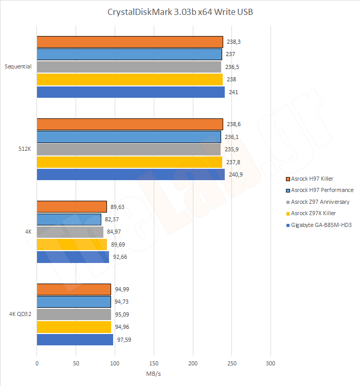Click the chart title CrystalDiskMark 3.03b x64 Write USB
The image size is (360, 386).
180,12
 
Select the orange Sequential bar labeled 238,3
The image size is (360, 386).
130,42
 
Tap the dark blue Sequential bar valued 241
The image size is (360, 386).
131,92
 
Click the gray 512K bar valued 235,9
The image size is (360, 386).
129,149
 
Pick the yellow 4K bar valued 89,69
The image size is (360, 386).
72,244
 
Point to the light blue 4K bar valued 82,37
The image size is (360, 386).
69,219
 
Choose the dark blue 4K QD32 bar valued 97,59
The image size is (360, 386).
75,340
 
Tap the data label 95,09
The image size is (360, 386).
121,314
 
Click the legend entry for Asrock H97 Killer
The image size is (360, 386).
312,179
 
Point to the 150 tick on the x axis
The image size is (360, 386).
154,364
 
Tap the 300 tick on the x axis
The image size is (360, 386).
271,364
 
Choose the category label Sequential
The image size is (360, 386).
18,66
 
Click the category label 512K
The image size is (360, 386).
25,149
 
